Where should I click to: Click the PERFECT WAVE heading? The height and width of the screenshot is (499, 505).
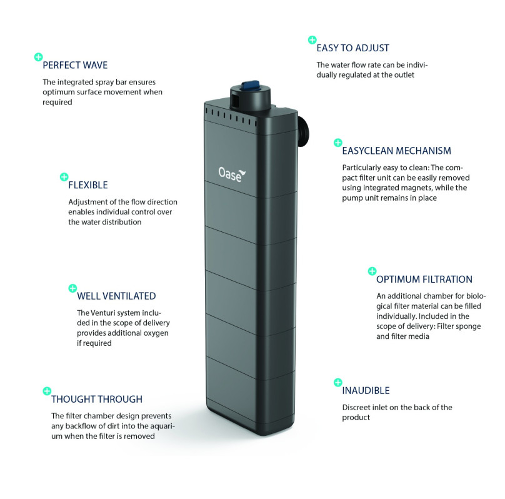pos(74,64)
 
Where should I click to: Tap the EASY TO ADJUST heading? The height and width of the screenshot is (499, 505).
pos(352,48)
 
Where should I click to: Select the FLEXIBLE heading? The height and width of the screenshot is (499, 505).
pos(88,185)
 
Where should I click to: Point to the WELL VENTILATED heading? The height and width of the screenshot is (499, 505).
pos(116,296)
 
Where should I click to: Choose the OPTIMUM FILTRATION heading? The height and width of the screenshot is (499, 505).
pos(424,279)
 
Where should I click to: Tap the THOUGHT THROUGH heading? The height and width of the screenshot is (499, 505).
pos(97,399)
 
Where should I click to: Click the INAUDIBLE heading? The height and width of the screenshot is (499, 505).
pos(366,390)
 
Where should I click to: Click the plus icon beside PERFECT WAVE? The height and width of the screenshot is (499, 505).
pos(38,57)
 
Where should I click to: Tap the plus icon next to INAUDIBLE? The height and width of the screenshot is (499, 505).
pos(337,382)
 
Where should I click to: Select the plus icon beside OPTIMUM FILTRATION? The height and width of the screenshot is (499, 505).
pos(372,271)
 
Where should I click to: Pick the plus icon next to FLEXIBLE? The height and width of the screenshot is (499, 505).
pos(63,177)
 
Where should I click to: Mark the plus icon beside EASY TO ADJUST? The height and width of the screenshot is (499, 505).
pos(312,40)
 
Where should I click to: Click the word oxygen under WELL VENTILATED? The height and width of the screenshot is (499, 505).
pos(155,333)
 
